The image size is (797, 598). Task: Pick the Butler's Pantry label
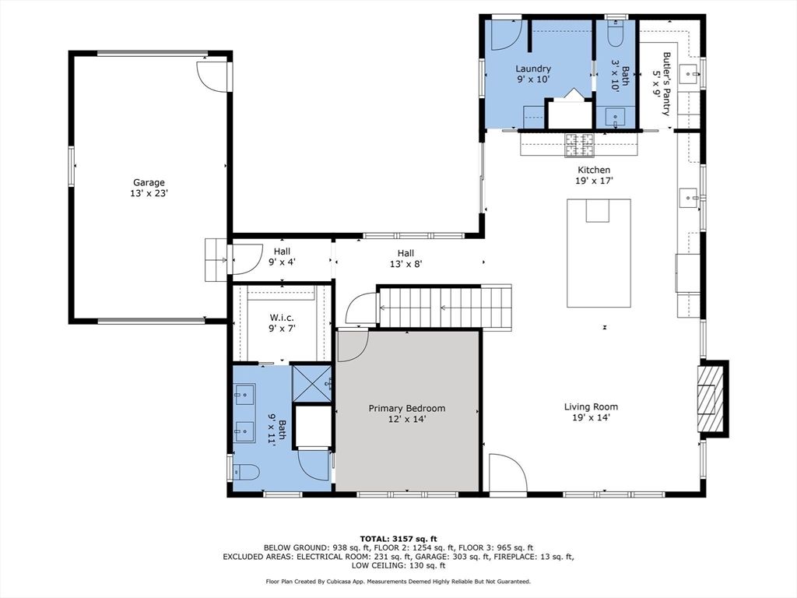pos(662,84)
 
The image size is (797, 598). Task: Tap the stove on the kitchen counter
pos(580,144)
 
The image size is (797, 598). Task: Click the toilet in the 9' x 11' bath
pos(246,473)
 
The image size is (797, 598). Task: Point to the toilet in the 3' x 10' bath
pos(616,31)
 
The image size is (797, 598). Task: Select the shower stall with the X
pos(312,384)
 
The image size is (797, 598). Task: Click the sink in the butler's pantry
pos(690,74)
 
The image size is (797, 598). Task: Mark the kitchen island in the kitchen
pos(599,253)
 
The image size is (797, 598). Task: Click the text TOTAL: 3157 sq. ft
pos(398,539)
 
